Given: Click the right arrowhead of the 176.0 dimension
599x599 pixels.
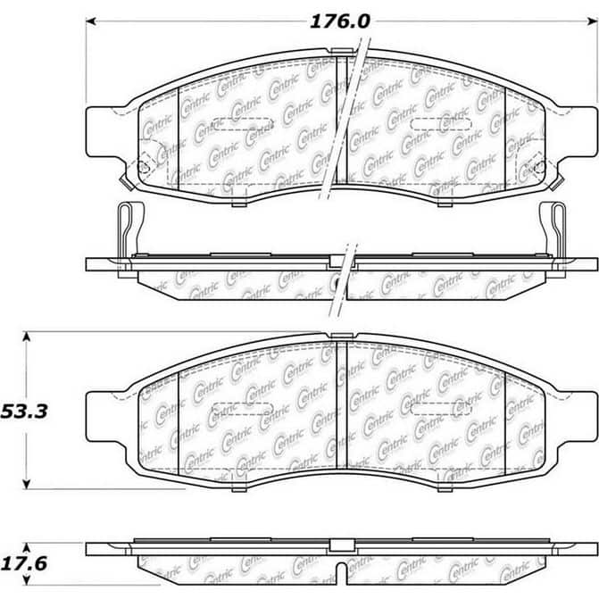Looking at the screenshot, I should [x=593, y=21].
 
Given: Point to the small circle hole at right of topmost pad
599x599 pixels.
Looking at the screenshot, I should [x=538, y=166].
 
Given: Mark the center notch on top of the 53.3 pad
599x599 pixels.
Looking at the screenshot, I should [x=342, y=336].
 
